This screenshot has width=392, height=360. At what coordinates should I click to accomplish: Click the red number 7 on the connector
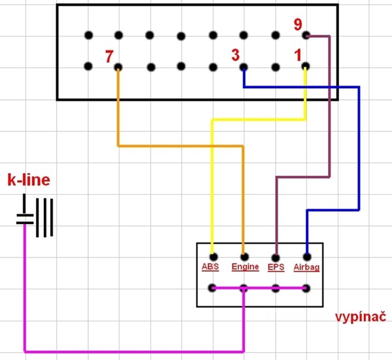click(109, 56)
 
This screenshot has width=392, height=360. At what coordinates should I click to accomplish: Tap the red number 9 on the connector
click(298, 25)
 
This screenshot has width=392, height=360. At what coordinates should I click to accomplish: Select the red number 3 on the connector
click(235, 56)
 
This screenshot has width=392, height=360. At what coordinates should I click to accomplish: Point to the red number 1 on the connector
click(299, 56)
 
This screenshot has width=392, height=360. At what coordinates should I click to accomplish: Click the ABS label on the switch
click(210, 267)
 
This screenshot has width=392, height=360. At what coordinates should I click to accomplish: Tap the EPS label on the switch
click(276, 267)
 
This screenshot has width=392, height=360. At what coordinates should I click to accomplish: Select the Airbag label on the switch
click(306, 267)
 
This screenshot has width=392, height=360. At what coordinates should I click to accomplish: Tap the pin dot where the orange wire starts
click(118, 67)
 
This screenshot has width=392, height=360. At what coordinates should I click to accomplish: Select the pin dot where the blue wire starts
click(244, 67)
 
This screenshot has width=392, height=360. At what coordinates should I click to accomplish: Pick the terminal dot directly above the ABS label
click(213, 257)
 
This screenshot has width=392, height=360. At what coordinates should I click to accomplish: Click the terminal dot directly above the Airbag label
click(306, 257)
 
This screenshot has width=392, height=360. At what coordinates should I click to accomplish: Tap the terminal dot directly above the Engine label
click(244, 257)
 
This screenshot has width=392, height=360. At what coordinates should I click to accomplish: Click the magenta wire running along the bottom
click(131, 351)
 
